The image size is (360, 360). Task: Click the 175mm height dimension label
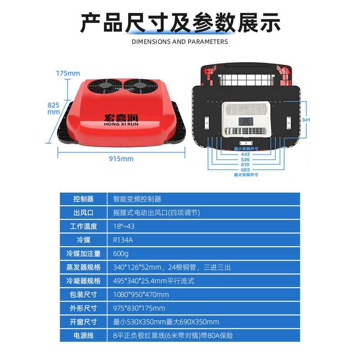coord(67,73)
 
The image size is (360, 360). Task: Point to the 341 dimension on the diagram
coord(306,120)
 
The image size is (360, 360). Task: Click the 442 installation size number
coord(245,154)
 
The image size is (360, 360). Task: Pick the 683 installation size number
coord(245,170)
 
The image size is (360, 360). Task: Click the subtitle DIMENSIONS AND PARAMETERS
coord(180,42)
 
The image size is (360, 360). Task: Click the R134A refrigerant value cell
coord(124,240)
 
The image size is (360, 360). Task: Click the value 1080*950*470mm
coord(141,295)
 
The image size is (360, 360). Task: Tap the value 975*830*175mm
coord(139,308)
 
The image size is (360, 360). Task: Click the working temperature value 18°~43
coord(125,226)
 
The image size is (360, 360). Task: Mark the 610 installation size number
coord(245,165)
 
